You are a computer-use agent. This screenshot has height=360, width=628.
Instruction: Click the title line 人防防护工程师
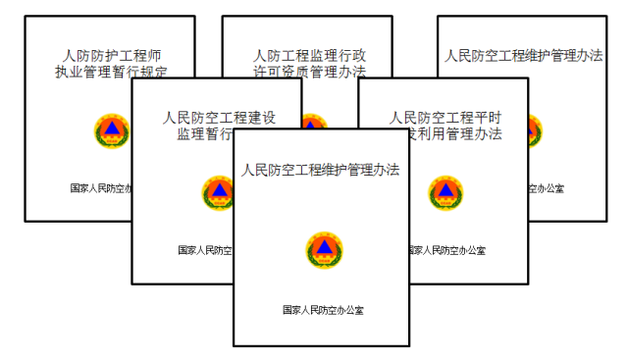coord(110,55)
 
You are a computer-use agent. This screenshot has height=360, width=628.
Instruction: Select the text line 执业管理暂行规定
coord(110,71)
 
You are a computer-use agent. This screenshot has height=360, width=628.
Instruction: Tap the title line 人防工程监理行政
coord(309,55)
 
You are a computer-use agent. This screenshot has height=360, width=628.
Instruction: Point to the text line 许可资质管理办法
coord(309,72)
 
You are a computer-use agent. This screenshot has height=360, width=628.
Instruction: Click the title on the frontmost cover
coord(321,170)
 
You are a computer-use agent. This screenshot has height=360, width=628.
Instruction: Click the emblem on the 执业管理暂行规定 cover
coord(111,130)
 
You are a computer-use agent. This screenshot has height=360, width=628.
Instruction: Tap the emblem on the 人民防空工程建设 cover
coord(217,192)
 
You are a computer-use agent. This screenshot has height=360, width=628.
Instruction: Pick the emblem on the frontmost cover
coord(323,250)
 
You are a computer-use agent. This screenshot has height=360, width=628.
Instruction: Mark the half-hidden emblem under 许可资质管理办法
coord(312,122)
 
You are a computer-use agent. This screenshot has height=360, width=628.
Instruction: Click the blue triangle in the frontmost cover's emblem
coord(323,248)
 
